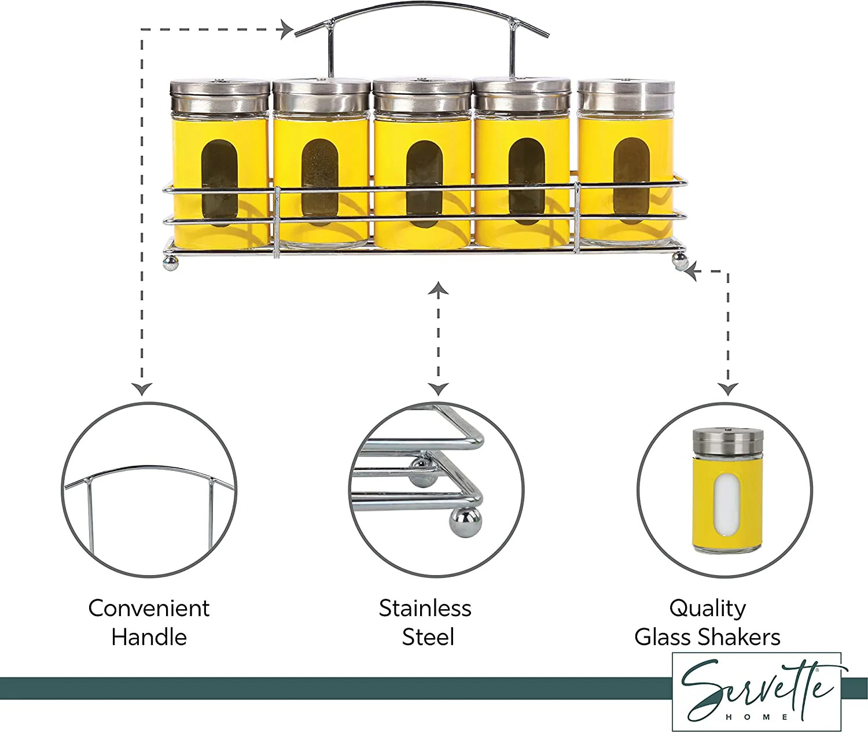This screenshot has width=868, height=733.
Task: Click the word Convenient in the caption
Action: [x=149, y=609]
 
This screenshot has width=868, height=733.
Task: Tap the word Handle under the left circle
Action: [x=149, y=638]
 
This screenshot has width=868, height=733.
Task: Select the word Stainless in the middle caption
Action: [x=425, y=609]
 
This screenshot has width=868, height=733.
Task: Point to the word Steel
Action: [x=428, y=638]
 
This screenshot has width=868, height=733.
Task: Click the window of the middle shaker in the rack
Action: [x=423, y=183]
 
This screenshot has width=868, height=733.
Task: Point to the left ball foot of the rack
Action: [x=171, y=263]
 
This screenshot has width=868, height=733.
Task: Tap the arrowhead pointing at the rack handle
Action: [x=288, y=30]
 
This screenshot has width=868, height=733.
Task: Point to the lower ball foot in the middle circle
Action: [x=466, y=522]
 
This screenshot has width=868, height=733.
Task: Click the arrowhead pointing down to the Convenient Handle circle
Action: [x=142, y=389]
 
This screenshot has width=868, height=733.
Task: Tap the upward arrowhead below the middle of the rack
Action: [x=438, y=288]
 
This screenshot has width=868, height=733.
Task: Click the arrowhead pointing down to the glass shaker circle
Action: [x=728, y=389]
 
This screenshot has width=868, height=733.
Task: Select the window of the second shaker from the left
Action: [x=320, y=182]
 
